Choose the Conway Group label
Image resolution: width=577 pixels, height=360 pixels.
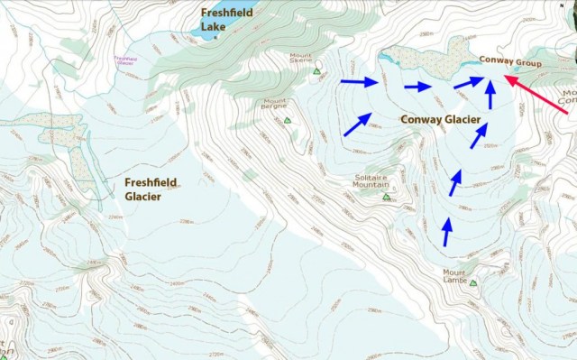click(x=511, y=64)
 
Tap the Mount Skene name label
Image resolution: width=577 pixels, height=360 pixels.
click(x=301, y=59)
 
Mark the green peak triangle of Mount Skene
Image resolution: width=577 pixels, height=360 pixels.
click(x=316, y=71)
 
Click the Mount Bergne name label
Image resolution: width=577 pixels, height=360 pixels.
click(x=274, y=104)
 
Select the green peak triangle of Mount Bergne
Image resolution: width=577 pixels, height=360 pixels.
click(x=288, y=119)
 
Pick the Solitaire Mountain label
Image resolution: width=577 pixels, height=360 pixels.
click(x=371, y=180)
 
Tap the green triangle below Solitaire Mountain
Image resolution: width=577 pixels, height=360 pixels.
click(x=386, y=197)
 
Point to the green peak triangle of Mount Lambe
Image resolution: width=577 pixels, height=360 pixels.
click(x=473, y=283)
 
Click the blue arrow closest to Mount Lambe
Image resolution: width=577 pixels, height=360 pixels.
click(x=445, y=231)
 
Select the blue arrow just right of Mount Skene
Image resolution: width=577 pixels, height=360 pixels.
click(x=359, y=82)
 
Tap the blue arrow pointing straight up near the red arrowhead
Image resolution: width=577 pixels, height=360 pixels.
click(x=490, y=95)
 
